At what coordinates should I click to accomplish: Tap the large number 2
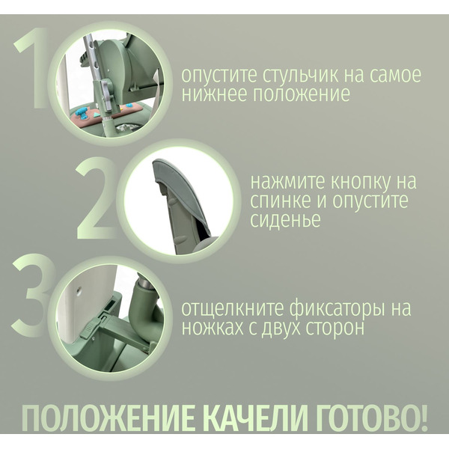point(97,197)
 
